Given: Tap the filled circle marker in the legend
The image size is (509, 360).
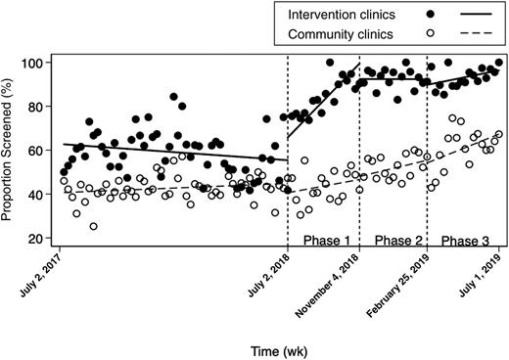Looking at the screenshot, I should coord(432,15).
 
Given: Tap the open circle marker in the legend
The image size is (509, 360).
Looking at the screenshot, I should coord(432,35).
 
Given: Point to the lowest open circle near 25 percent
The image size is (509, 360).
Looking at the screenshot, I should coord(94,226).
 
